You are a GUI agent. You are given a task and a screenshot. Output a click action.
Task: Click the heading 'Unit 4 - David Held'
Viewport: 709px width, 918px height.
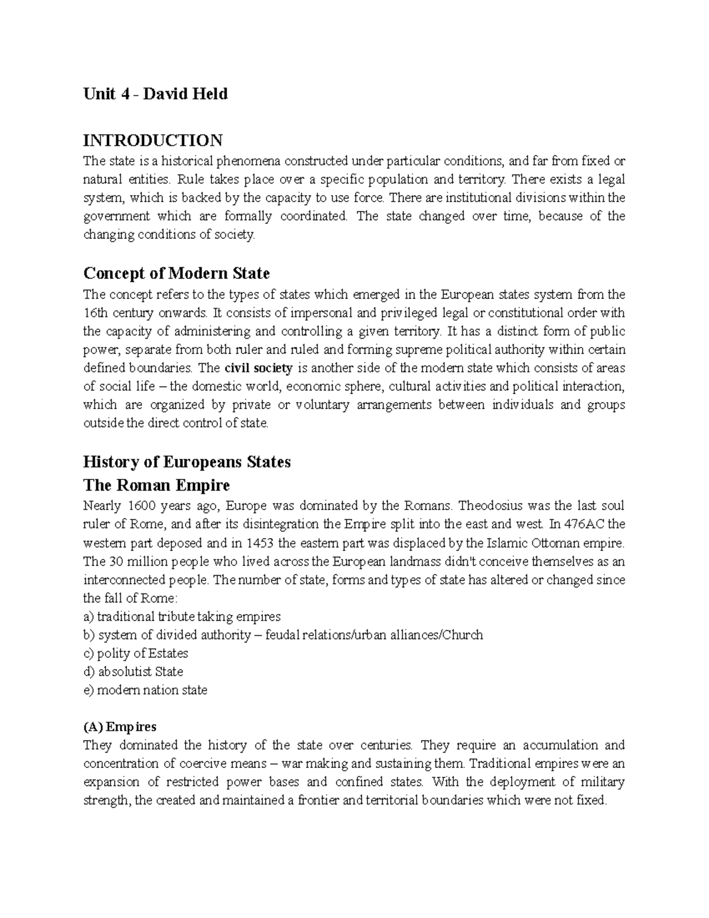(155, 94)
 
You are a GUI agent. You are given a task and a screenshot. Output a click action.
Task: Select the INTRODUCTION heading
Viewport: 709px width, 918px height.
(153, 141)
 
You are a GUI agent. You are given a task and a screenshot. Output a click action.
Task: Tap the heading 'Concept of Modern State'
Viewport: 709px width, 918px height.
(177, 274)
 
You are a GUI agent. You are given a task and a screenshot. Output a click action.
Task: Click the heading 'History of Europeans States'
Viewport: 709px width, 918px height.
(187, 462)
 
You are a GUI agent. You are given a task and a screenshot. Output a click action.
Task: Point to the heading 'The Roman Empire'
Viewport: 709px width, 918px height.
(157, 486)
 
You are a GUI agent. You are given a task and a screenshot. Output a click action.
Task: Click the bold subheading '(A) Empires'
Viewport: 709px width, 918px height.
(120, 726)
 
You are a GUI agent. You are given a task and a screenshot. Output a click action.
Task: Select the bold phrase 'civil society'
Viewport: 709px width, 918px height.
(259, 368)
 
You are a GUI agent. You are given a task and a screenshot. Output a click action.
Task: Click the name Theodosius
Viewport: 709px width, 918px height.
(490, 505)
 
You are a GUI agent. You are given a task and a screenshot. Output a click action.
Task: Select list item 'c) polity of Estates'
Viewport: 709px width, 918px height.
(136, 653)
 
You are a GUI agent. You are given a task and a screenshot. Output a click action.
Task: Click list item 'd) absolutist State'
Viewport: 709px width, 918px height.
(134, 672)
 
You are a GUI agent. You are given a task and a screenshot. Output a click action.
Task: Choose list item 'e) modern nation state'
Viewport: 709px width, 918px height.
(145, 690)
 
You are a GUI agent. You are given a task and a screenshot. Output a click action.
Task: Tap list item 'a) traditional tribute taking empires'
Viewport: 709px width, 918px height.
(182, 617)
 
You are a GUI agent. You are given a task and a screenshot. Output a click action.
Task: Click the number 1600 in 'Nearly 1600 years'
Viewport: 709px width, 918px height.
(142, 505)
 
